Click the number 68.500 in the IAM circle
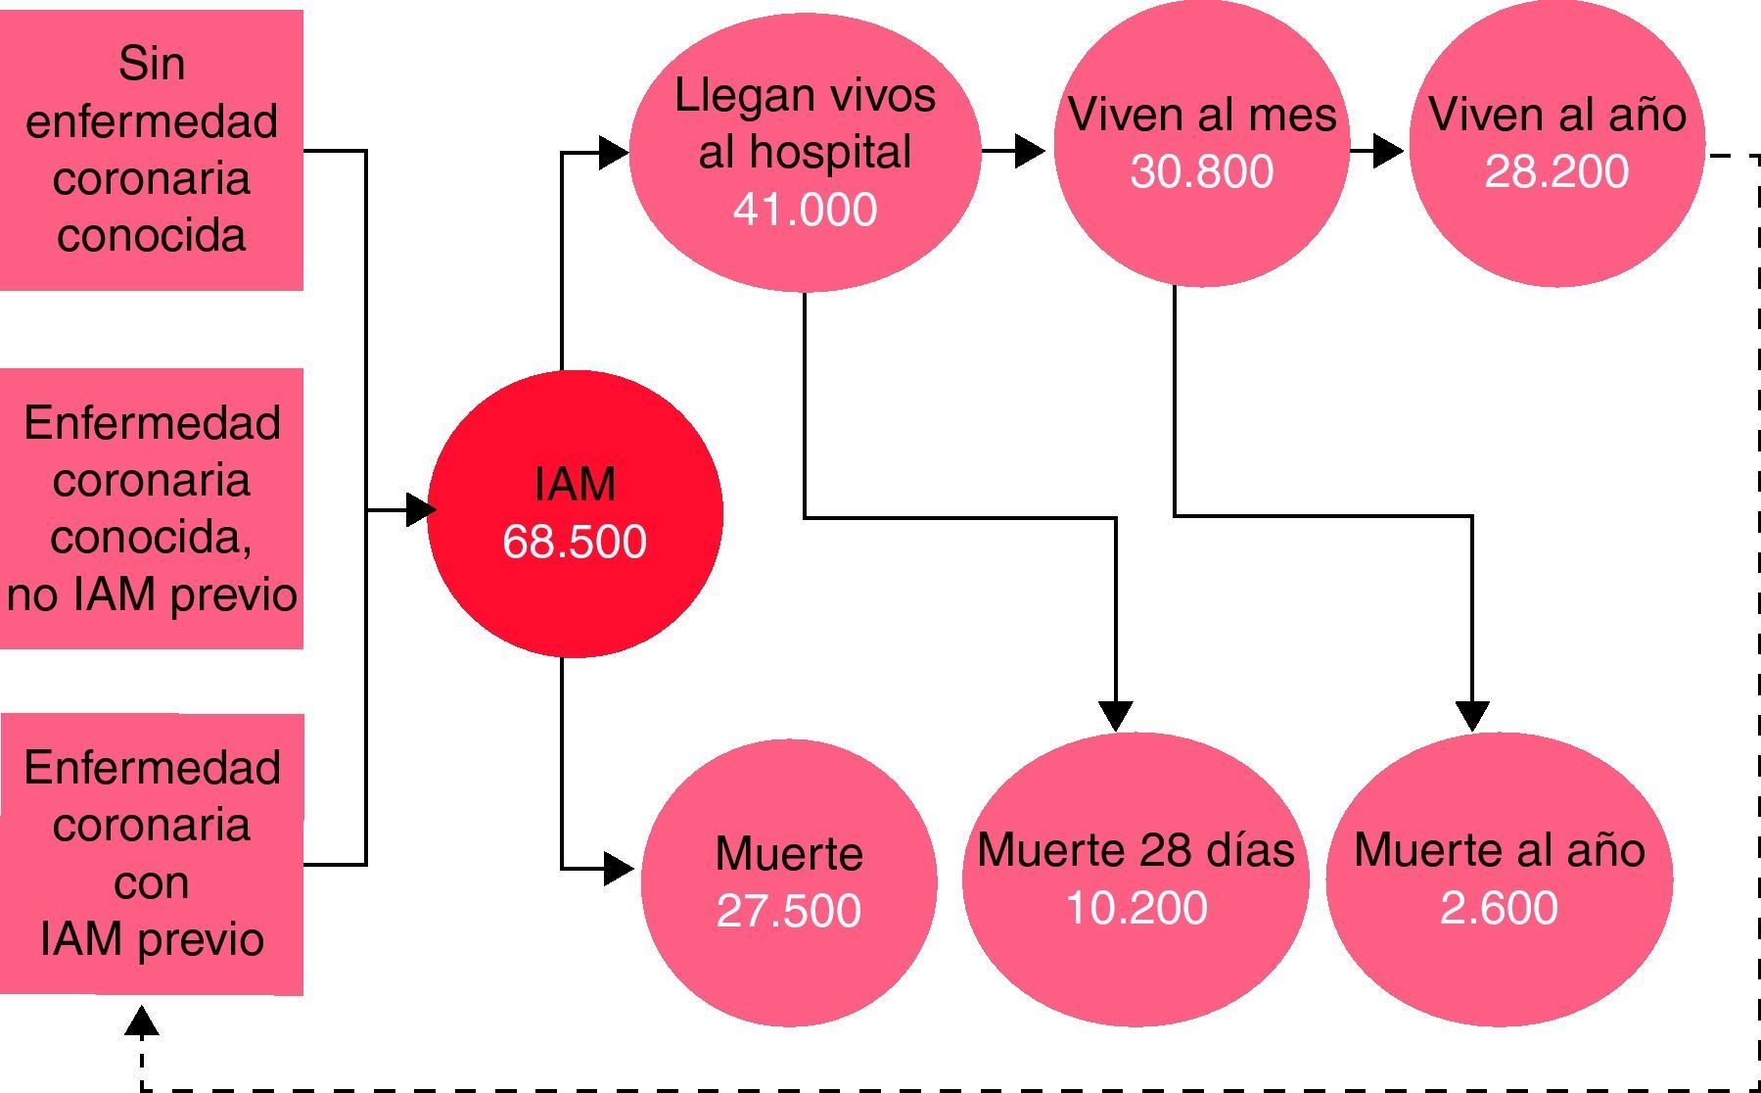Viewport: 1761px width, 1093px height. coord(575,542)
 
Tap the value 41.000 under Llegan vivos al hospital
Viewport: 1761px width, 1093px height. coord(805,209)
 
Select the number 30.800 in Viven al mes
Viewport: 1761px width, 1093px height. coord(1201,170)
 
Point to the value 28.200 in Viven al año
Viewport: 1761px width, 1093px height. coord(1556,170)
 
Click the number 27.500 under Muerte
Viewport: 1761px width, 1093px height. coord(788,910)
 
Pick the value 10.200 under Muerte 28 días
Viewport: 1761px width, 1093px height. coord(1135,907)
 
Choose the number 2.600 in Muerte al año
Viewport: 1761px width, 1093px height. coord(1498,907)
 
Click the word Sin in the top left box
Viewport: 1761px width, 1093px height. coord(152,64)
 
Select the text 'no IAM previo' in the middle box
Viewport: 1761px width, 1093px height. coord(152,594)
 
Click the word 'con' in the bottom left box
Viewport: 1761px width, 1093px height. coord(151,882)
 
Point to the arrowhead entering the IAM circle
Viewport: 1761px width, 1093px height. coord(420,509)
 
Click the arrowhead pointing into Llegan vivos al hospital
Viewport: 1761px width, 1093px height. coord(614,152)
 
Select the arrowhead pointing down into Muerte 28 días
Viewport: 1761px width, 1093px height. coord(1116,716)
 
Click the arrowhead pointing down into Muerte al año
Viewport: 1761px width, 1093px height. coord(1472,716)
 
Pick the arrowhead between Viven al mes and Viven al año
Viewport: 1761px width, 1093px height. coord(1388,151)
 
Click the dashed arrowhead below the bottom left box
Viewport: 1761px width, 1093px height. coord(143,1022)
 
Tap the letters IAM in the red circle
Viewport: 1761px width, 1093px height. coord(575,484)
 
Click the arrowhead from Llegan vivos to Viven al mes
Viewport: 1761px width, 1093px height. coord(1030,151)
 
